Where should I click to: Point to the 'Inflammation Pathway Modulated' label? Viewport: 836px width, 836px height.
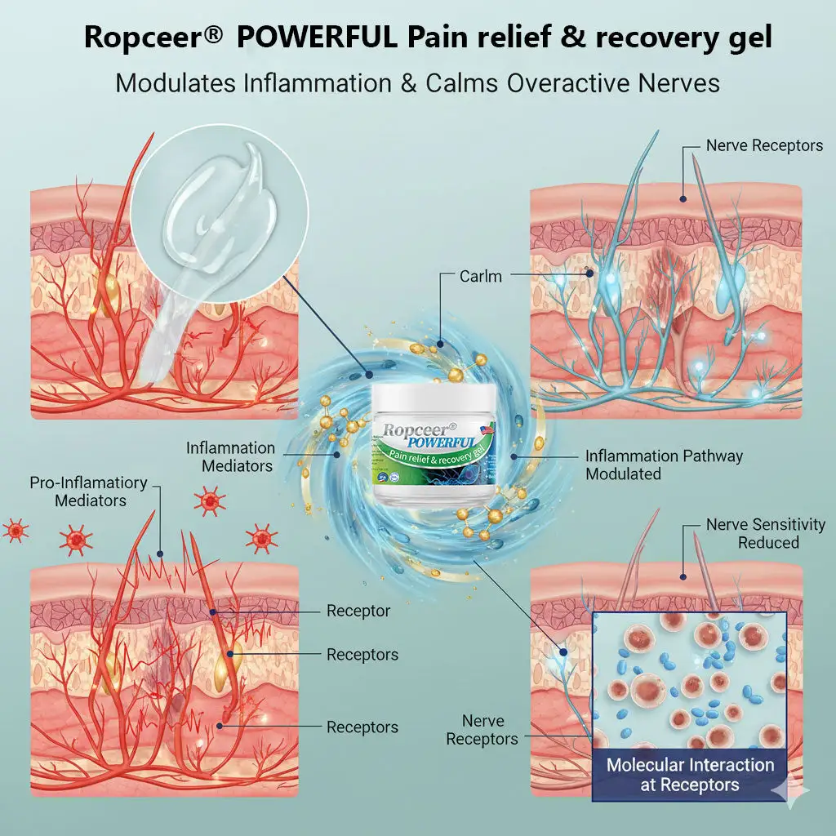tap(664, 465)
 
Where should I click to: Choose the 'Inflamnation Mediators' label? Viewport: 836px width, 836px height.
tap(230, 456)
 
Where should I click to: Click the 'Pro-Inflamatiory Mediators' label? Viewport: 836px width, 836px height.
tap(88, 491)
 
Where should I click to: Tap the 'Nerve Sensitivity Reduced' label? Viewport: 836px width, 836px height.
tap(765, 533)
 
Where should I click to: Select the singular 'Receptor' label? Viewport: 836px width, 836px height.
tap(358, 611)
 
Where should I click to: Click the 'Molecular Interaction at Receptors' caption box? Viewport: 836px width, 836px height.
tap(690, 776)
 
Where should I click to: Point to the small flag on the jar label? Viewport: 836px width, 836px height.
tap(488, 430)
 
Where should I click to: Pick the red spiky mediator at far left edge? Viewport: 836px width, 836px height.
tap(15, 530)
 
